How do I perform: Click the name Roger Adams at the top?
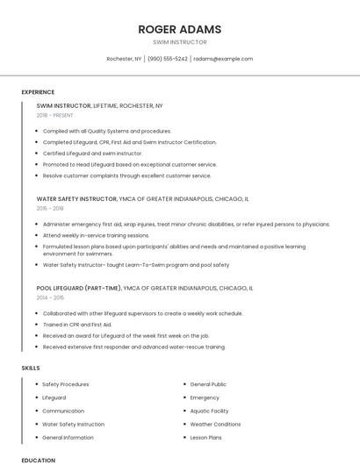click(x=179, y=29)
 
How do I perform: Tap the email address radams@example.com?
click(x=223, y=59)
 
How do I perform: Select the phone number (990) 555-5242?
click(x=168, y=59)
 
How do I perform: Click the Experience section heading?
click(x=38, y=92)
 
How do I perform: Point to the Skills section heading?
click(x=31, y=368)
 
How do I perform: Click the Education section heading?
click(x=38, y=460)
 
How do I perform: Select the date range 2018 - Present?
click(x=54, y=115)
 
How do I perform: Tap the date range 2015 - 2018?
click(x=50, y=208)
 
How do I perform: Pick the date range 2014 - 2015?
click(x=50, y=297)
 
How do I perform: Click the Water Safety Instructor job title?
click(x=77, y=199)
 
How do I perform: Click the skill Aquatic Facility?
click(x=209, y=411)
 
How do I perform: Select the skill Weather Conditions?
click(x=214, y=424)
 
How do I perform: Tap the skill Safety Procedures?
click(x=65, y=384)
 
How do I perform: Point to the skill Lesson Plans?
click(x=205, y=437)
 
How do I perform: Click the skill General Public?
click(x=208, y=384)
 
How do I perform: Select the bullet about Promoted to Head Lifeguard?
click(x=129, y=164)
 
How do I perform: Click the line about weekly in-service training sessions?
click(x=96, y=235)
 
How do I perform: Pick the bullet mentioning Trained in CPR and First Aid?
click(x=84, y=325)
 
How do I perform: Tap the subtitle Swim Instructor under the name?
click(x=179, y=42)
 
